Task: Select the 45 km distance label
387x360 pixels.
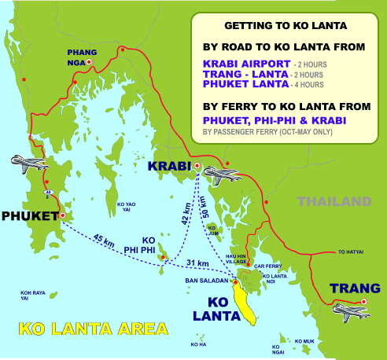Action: tap(103, 241)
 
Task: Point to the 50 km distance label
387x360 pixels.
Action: tap(205, 202)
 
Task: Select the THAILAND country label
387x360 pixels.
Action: tap(334, 201)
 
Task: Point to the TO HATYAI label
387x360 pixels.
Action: tap(352, 252)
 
